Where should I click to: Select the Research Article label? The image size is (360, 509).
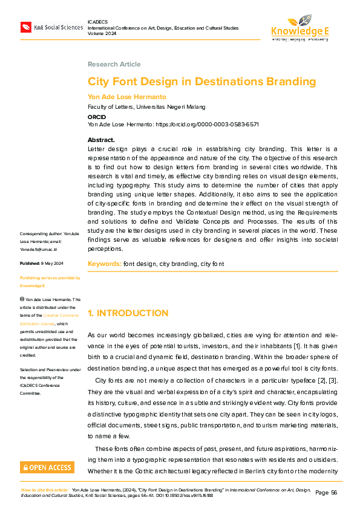pos(114,64)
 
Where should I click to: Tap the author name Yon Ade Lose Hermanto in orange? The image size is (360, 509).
pos(126,97)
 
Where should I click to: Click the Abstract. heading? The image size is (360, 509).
pos(101,140)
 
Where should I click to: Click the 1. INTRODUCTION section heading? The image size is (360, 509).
pos(128,313)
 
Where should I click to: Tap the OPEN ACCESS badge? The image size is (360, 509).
pos(47,467)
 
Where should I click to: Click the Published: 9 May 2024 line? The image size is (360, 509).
pos(46,264)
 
